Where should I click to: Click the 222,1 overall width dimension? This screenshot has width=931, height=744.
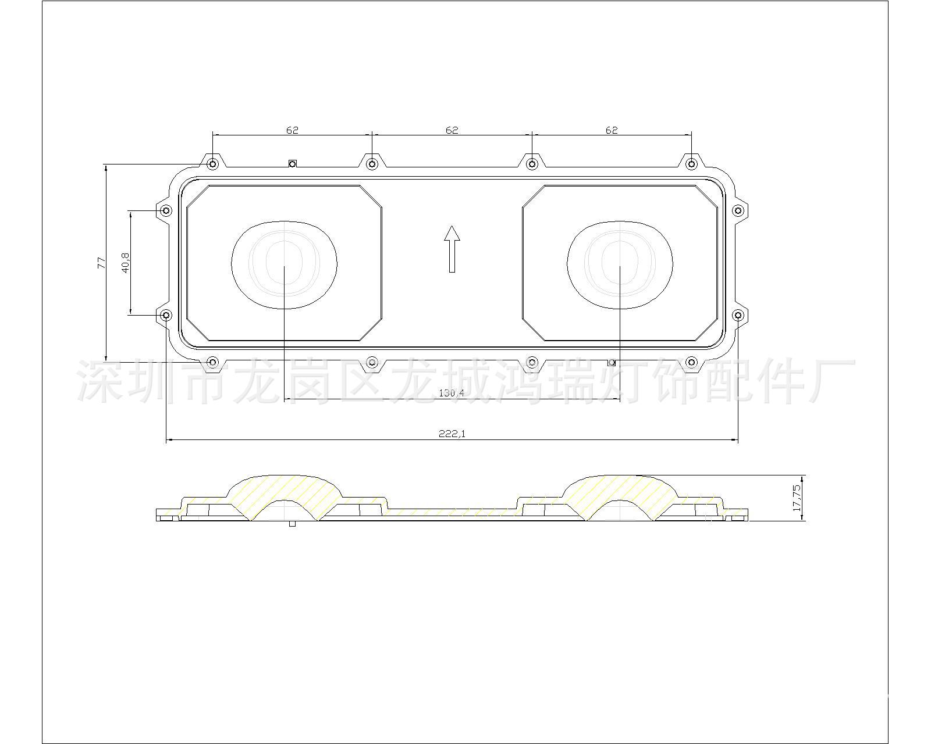point(452,434)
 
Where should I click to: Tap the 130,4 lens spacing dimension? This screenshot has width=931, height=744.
point(451,393)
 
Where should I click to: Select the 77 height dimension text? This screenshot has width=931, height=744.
point(101,263)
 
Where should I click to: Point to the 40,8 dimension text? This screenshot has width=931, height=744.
point(126,263)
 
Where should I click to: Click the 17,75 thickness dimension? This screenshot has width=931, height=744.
point(797,498)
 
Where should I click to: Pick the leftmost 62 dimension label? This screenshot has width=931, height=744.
point(293,130)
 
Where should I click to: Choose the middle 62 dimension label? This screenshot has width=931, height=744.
point(452,130)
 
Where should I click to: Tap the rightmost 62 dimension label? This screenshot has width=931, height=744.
point(612,130)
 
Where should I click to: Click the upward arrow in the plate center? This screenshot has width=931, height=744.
point(452,249)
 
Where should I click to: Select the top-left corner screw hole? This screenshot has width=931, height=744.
point(212,164)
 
